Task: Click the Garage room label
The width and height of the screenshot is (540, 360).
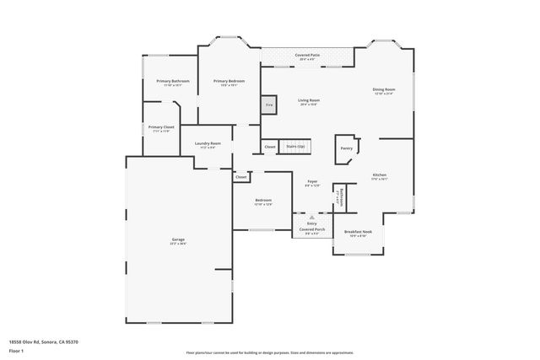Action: [178, 241]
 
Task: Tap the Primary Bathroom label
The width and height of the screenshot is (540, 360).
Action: [172, 83]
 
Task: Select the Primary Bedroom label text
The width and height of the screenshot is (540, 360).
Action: [229, 83]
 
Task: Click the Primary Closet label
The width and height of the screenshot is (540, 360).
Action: [161, 128]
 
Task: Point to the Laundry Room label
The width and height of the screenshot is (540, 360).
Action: [208, 145]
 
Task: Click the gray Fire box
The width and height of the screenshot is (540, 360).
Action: [269, 105]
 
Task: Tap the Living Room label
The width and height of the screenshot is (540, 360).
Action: [309, 102]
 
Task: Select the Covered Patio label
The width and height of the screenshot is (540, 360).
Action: [307, 56]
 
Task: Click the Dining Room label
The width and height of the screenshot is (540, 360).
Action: [384, 91]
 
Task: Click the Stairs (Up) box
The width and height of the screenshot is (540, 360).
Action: [295, 147]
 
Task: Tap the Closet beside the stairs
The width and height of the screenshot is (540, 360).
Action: [270, 147]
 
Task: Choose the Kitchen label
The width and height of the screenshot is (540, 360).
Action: [380, 177]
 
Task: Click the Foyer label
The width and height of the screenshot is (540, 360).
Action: [311, 183]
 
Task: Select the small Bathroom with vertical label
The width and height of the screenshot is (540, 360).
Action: [339, 196]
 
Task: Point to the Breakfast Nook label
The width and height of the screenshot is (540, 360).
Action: [360, 233]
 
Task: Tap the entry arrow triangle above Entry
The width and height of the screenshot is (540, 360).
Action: [311, 218]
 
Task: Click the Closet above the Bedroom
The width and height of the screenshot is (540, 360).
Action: [241, 177]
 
